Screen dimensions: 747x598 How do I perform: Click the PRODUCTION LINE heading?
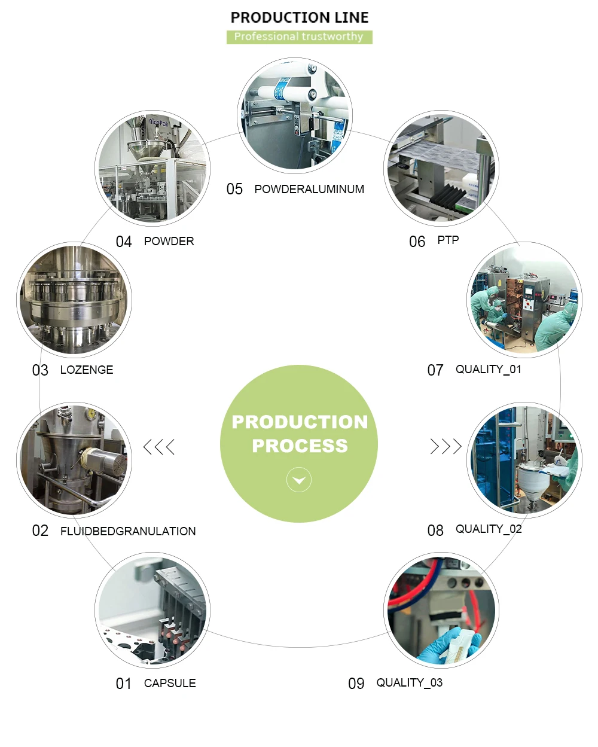(x=299, y=17)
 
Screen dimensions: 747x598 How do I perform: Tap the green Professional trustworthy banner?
(x=299, y=37)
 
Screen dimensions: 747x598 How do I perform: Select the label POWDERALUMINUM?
(x=309, y=189)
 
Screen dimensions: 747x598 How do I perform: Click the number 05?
(x=234, y=190)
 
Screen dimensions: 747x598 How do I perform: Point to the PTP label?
(x=448, y=240)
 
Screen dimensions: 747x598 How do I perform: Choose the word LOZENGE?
(x=87, y=370)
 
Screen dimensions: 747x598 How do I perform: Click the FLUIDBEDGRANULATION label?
(x=128, y=531)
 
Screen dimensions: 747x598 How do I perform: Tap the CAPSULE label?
(x=170, y=683)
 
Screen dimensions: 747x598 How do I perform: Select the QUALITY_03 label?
(x=410, y=683)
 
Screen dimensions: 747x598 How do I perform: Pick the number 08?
(x=435, y=530)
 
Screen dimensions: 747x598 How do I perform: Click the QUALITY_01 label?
(x=489, y=370)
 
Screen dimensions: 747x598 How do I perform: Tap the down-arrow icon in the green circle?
(x=299, y=480)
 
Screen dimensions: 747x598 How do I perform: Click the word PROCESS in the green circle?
(x=300, y=446)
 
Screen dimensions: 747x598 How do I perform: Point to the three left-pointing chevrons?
(x=159, y=447)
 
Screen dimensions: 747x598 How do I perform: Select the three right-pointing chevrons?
(x=446, y=447)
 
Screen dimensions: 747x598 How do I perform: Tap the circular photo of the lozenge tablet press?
(x=74, y=299)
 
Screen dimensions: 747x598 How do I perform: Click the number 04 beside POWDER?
(x=124, y=242)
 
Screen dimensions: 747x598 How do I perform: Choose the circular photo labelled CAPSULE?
(x=152, y=610)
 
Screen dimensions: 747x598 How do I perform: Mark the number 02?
(x=40, y=531)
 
